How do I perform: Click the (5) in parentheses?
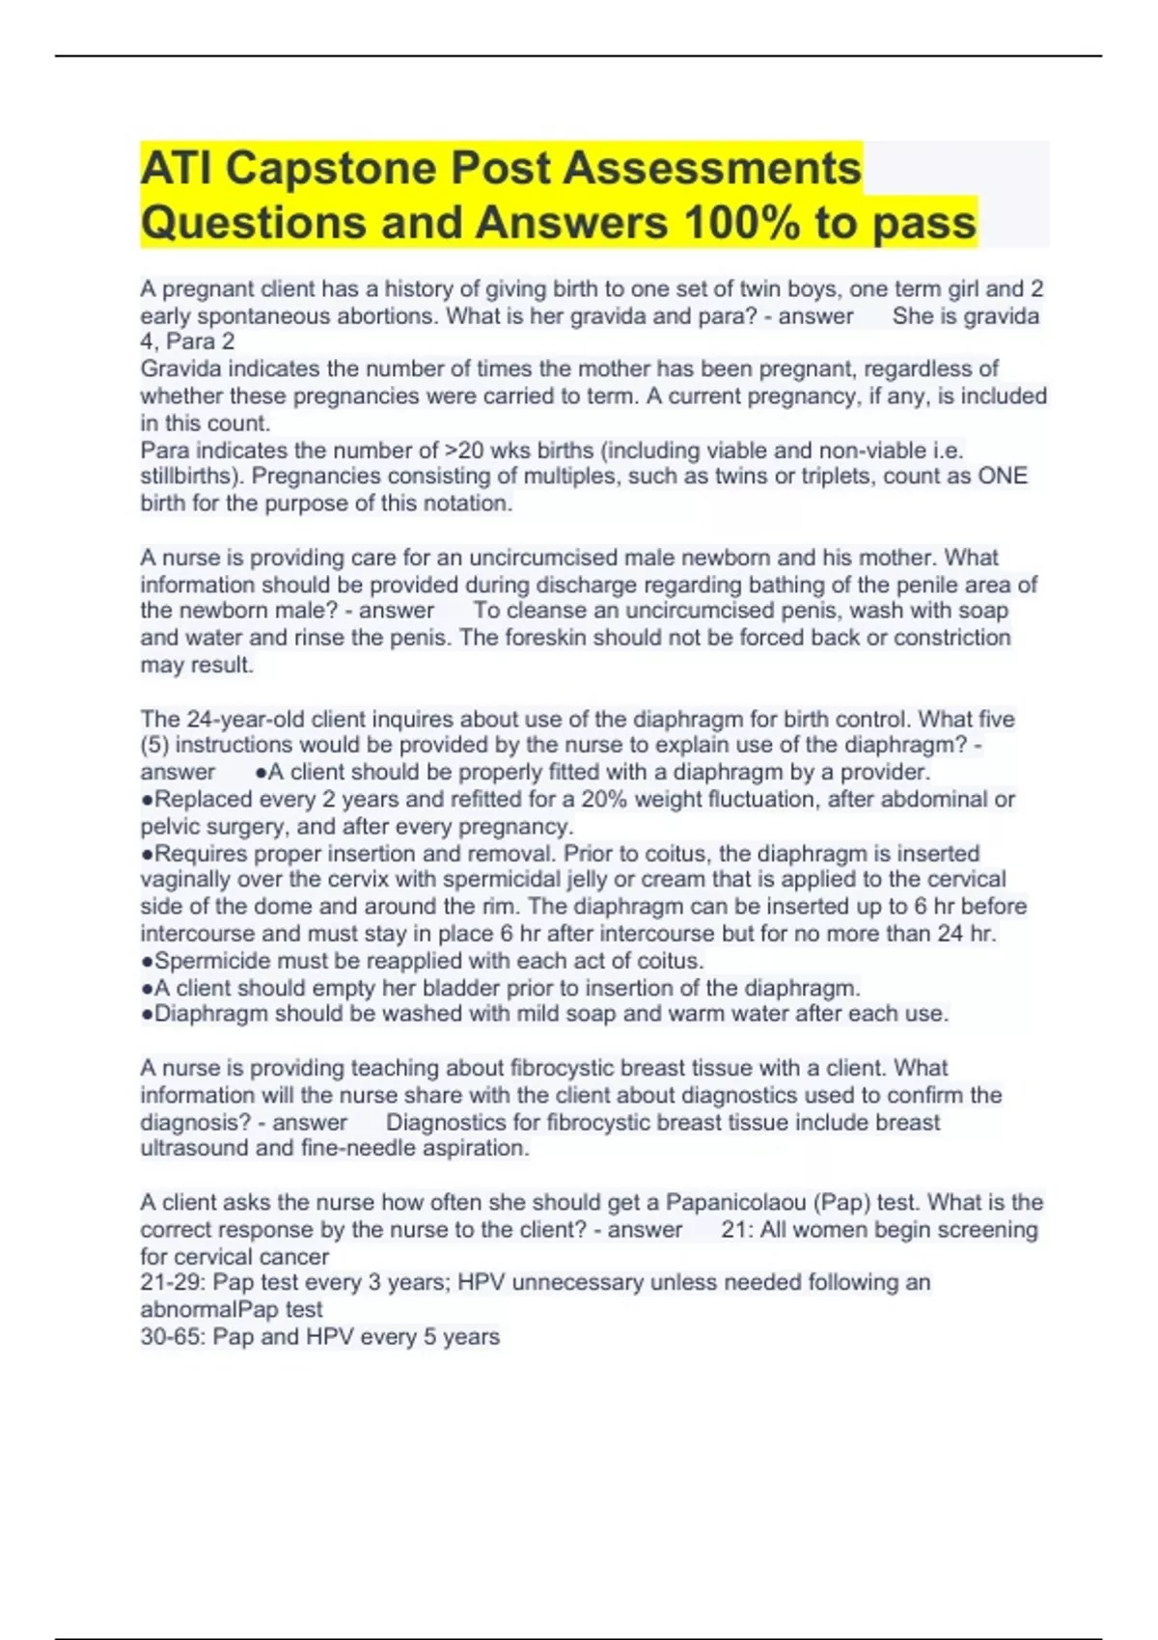click(154, 746)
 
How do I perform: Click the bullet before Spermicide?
click(147, 962)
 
